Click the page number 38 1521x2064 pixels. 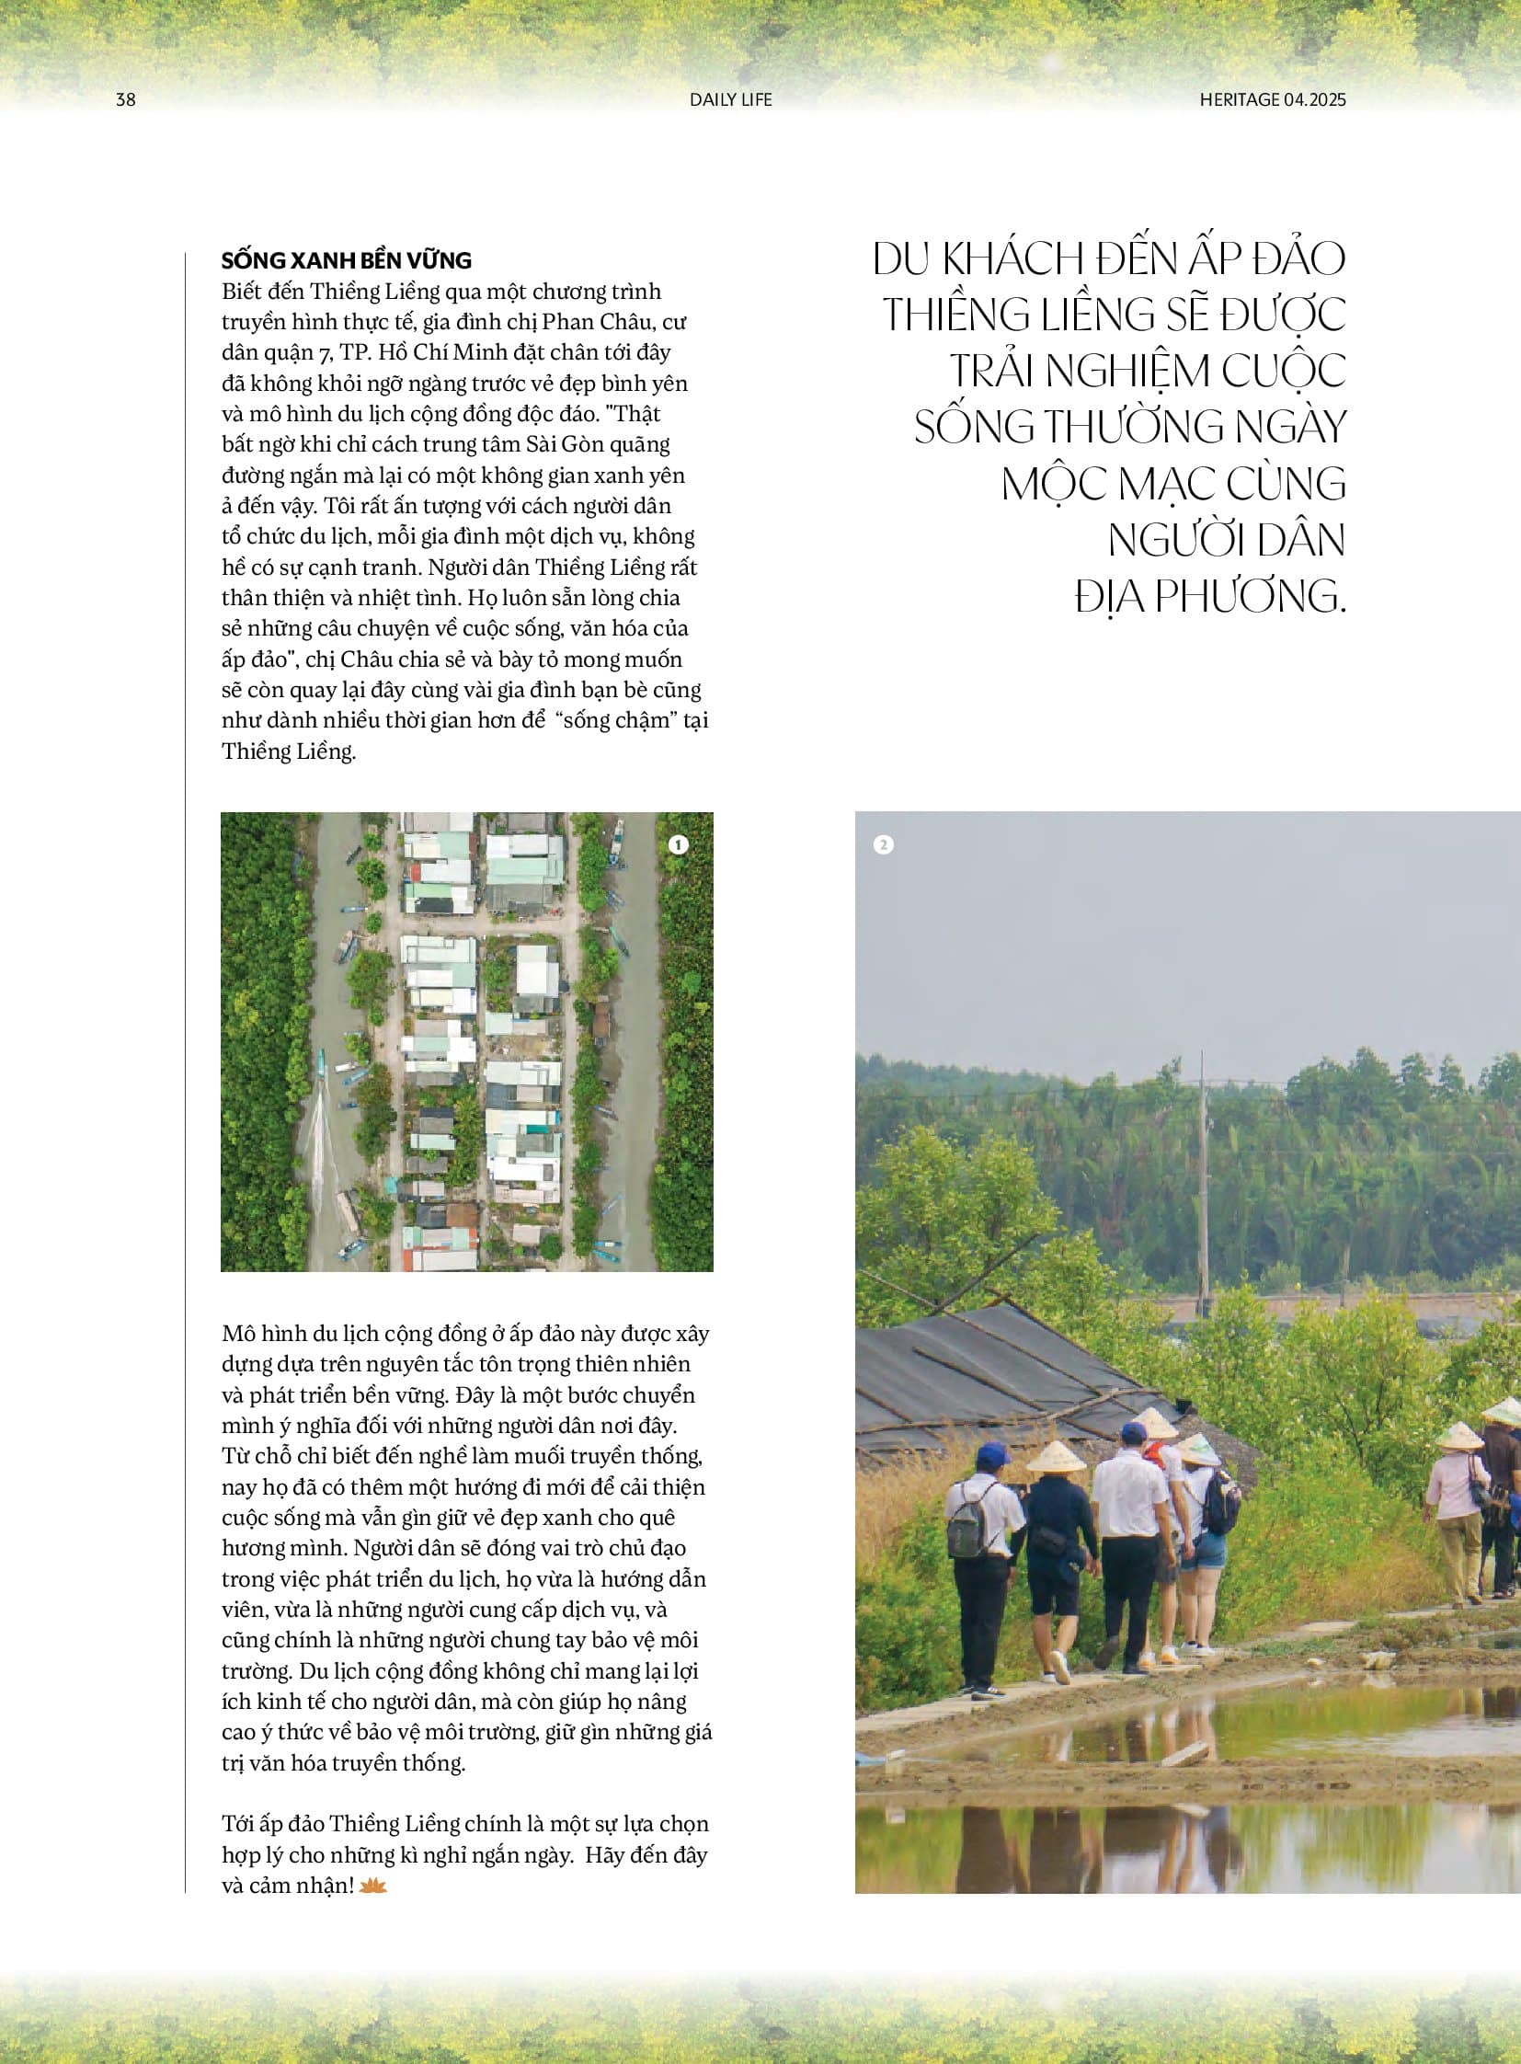[126, 99]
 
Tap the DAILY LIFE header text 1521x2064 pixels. [731, 99]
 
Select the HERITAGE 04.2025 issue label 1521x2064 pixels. [1273, 99]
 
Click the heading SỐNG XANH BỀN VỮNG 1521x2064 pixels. [346, 260]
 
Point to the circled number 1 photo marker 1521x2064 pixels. [679, 844]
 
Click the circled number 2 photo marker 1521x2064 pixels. [883, 844]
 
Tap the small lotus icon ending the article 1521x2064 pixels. [372, 1886]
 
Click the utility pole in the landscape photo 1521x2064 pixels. [1203, 1188]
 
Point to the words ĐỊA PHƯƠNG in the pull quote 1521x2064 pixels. [1210, 597]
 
